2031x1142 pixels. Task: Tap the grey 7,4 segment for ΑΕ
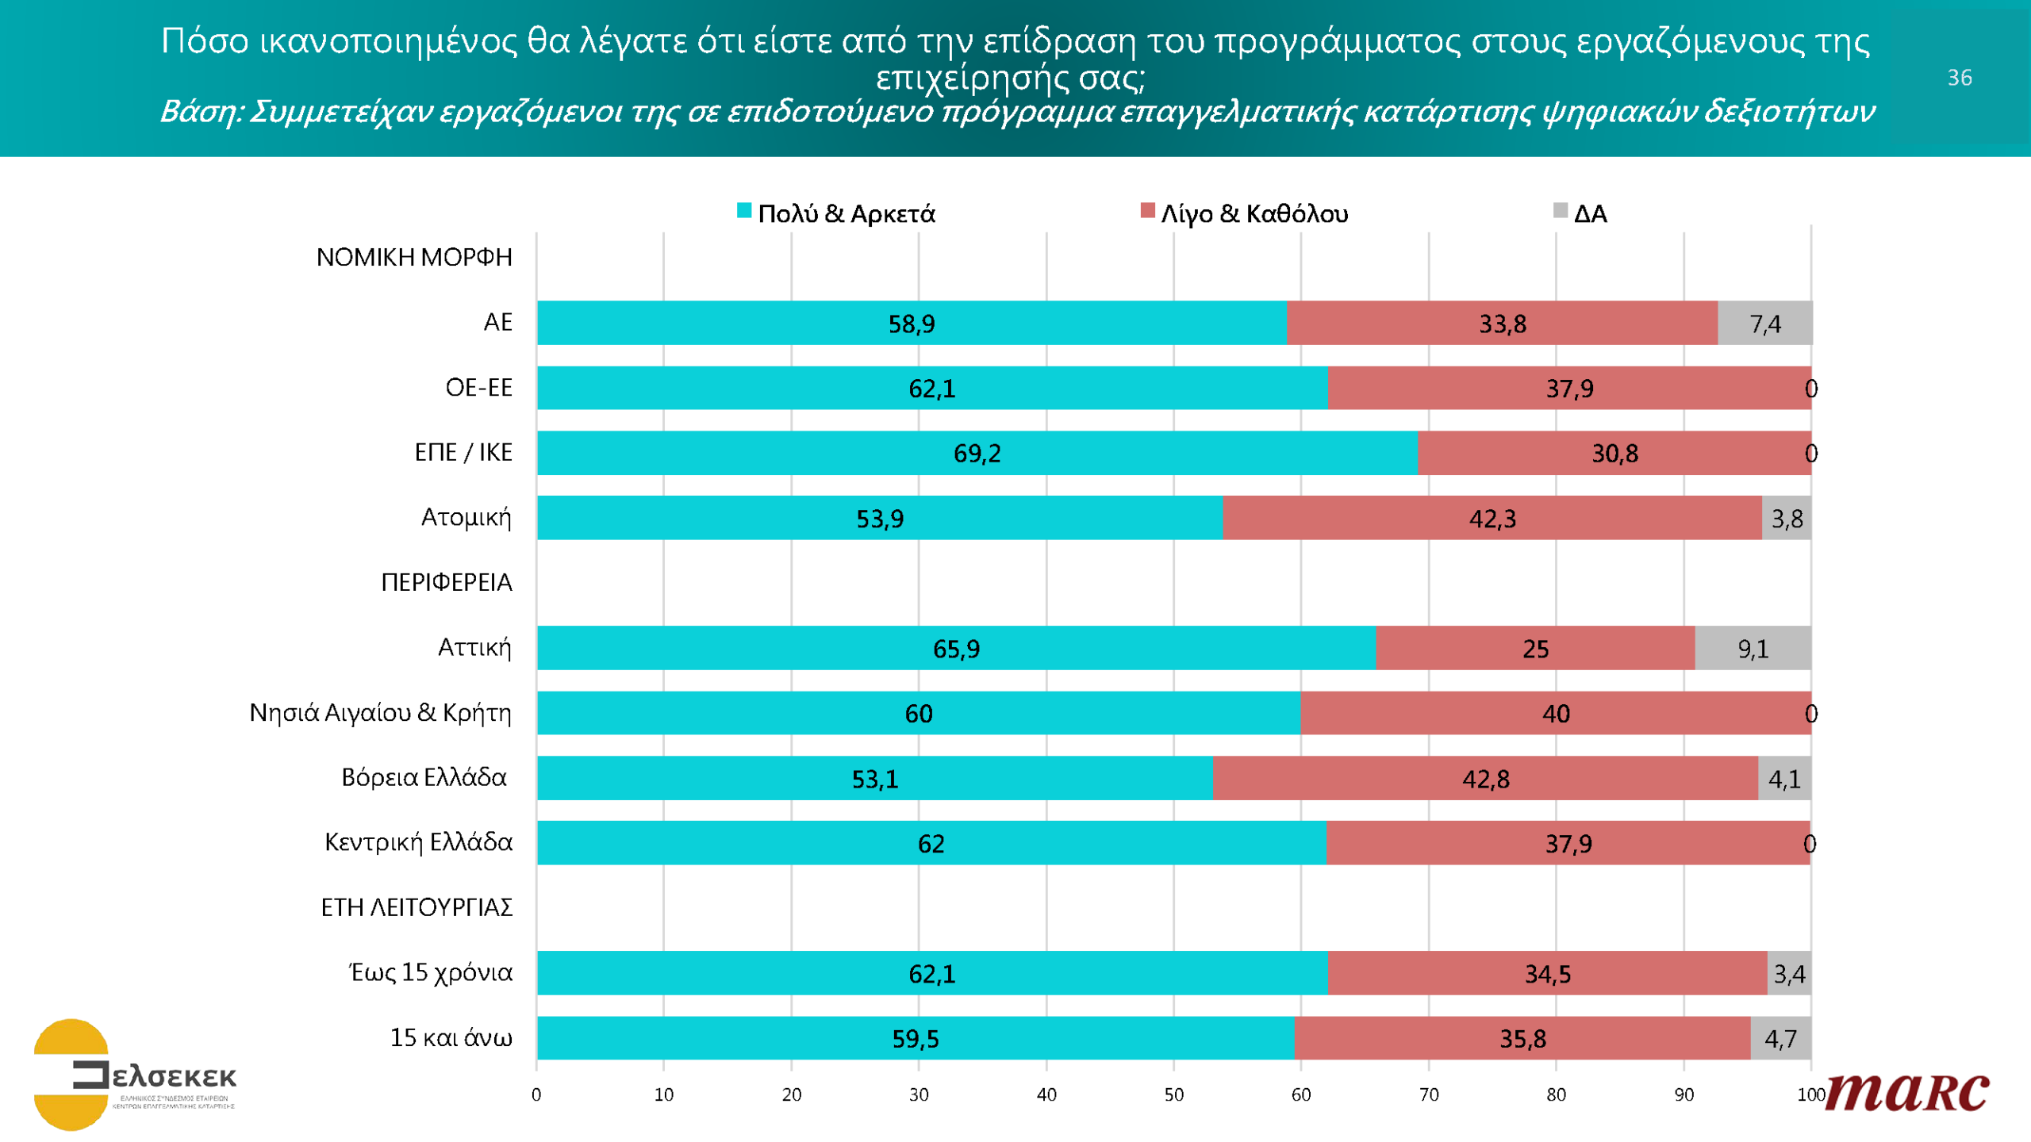(x=1764, y=324)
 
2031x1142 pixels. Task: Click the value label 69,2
(x=977, y=454)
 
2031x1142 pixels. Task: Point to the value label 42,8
(x=1485, y=779)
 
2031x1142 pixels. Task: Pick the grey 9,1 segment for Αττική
(x=1753, y=649)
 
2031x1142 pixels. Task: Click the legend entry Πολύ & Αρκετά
(x=846, y=213)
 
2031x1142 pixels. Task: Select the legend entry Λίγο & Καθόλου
(x=1254, y=213)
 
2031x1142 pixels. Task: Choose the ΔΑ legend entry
(x=1589, y=213)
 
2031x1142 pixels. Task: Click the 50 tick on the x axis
(x=1173, y=1095)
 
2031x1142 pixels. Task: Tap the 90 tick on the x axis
(x=1684, y=1095)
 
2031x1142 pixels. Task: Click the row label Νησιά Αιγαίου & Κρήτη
(x=380, y=712)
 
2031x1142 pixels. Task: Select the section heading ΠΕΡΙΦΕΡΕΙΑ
(x=446, y=582)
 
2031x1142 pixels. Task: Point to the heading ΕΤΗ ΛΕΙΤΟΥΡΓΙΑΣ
(x=417, y=907)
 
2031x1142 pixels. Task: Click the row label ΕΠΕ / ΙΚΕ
(x=463, y=452)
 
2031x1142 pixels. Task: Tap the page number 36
(x=1959, y=78)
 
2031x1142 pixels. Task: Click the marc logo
(x=1907, y=1092)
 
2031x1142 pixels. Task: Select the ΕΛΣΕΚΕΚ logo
(x=135, y=1075)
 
